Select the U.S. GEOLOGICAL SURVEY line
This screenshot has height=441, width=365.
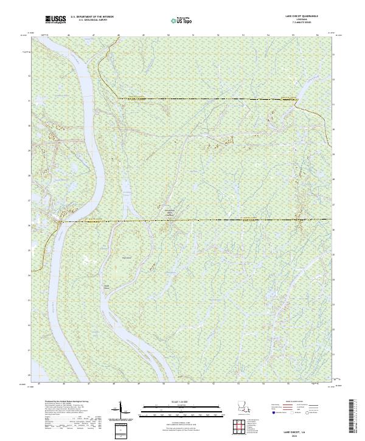92,21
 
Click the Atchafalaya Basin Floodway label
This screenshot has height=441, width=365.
170,211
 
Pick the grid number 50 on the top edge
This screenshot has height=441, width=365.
168,36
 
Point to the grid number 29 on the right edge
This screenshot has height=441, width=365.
334,155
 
